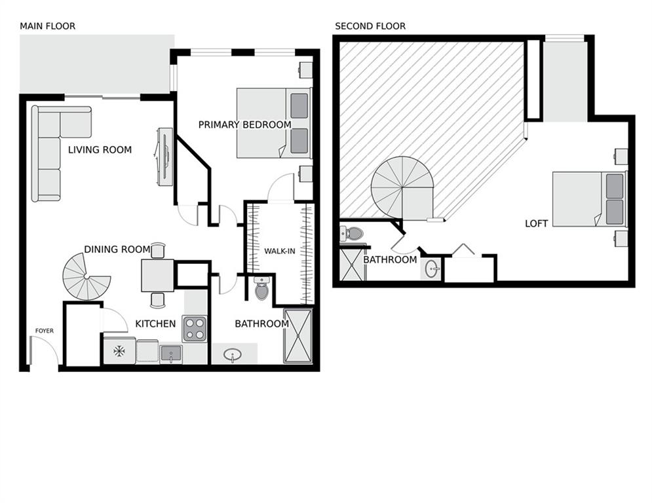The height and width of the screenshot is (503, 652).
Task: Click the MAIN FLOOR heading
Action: click(47, 26)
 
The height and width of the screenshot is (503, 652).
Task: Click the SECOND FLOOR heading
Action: click(370, 26)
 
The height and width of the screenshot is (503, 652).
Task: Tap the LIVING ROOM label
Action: click(100, 149)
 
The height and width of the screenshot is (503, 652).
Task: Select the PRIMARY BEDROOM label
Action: click(244, 124)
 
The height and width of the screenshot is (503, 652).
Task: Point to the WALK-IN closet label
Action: click(280, 251)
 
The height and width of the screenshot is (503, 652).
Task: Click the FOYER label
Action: click(45, 331)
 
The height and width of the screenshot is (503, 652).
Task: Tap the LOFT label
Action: click(537, 223)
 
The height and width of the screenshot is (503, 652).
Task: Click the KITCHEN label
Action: click(155, 324)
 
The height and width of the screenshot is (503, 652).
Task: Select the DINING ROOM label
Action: click(117, 250)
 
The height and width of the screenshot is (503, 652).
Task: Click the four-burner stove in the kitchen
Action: click(195, 329)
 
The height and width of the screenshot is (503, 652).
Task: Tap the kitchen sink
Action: click(171, 354)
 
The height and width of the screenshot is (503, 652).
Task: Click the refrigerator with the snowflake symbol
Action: click(119, 351)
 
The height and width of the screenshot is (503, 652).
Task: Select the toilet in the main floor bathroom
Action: click(261, 289)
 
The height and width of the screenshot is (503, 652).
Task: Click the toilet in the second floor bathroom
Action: click(351, 234)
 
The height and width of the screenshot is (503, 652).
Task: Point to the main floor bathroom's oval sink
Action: click(233, 355)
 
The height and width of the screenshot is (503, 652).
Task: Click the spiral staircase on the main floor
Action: click(86, 276)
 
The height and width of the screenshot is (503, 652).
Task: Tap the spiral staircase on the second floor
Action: click(402, 188)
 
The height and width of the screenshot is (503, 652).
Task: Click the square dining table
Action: click(158, 275)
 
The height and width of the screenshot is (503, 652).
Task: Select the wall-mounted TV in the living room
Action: click(165, 157)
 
